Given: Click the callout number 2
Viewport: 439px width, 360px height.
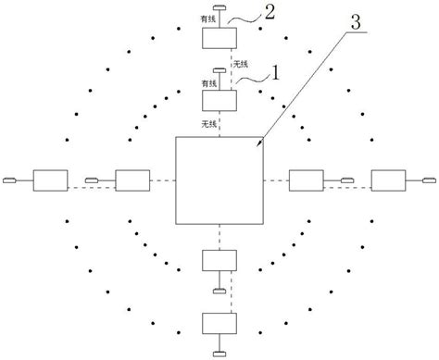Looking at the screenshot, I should tap(269, 13).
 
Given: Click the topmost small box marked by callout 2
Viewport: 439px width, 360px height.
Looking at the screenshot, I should tap(219, 39).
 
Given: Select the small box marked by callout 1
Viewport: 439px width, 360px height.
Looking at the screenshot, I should tap(219, 97).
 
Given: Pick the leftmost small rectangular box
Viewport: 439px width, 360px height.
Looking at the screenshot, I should tap(48, 180).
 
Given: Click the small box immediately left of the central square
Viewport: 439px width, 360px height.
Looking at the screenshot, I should tap(131, 180).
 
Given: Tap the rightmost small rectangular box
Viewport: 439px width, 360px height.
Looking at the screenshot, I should tap(387, 180).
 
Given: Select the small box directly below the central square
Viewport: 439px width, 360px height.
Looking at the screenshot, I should tap(219, 262).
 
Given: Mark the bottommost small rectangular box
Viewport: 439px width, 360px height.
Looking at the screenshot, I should tap(219, 323).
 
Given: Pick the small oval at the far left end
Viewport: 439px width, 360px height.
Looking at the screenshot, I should tap(10, 180).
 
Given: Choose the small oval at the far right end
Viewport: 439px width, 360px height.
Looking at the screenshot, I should tap(429, 180).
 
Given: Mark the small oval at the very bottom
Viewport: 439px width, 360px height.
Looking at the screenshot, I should tap(219, 352).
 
